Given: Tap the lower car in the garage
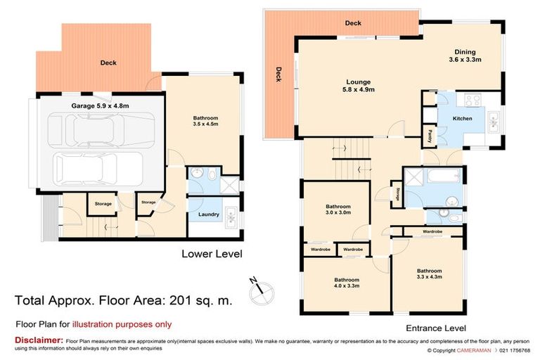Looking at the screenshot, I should coord(98,167).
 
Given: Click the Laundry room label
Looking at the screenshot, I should coord(209,214).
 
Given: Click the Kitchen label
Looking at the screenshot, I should coord(462,119).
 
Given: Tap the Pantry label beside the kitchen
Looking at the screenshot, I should coord(428,133).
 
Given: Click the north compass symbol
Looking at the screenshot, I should coord(257,285).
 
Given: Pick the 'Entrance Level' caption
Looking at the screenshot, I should coord(436,328).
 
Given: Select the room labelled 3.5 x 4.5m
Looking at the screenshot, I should coord(205,121).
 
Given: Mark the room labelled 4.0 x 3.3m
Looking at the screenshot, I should coord(346,282).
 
